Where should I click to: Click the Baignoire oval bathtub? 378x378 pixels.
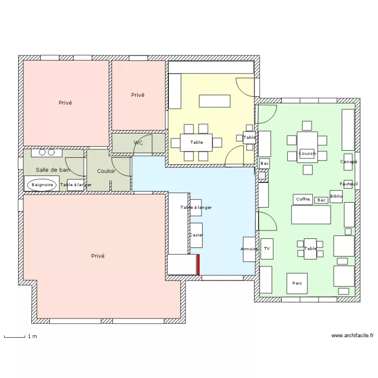(x=42, y=185)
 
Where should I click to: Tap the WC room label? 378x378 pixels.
(x=139, y=143)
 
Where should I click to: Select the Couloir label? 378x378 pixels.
(x=106, y=171)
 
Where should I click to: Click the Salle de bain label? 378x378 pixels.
(x=53, y=170)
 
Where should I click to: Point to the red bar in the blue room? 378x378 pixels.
(x=199, y=265)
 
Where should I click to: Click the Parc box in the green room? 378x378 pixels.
(x=297, y=283)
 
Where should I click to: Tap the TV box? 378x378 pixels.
(x=267, y=249)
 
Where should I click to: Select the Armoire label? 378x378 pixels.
(x=249, y=249)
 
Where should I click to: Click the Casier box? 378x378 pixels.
(x=196, y=235)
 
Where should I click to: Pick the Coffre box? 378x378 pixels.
(x=303, y=199)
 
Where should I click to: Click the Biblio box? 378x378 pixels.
(x=336, y=196)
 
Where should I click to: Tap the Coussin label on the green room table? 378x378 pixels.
(x=307, y=153)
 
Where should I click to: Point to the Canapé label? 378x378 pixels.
(x=349, y=161)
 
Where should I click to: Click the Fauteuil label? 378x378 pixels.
(x=349, y=184)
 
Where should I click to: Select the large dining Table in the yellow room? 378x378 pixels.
(x=196, y=143)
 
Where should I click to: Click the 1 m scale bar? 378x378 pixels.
(x=15, y=337)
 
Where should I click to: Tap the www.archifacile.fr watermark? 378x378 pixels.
(x=352, y=335)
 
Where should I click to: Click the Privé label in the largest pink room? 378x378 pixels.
(x=98, y=256)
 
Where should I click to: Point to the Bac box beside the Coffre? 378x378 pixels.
(x=322, y=200)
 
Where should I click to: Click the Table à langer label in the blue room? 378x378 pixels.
(x=196, y=207)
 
